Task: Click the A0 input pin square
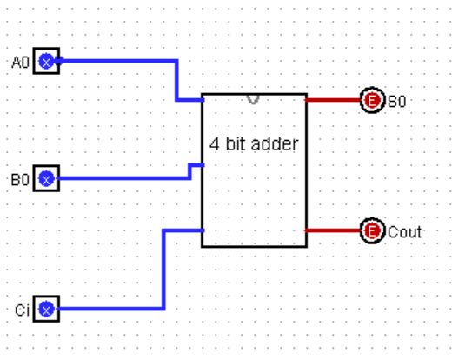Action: click(46, 61)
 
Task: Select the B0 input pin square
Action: click(46, 178)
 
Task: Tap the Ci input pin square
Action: click(46, 309)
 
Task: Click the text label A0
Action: click(20, 63)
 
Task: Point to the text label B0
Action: click(20, 180)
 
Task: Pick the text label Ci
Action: click(22, 310)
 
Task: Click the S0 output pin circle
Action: click(372, 100)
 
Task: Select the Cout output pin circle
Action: click(372, 230)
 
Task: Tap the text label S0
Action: click(396, 102)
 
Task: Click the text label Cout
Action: click(404, 232)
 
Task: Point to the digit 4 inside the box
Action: click(215, 144)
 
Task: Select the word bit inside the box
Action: click(236, 143)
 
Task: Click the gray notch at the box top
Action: click(253, 99)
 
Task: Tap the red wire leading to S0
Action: click(332, 100)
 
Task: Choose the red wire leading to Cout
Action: click(332, 230)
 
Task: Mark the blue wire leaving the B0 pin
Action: click(124, 178)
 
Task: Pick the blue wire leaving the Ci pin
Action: click(163, 269)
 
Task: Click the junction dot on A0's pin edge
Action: click(60, 61)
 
